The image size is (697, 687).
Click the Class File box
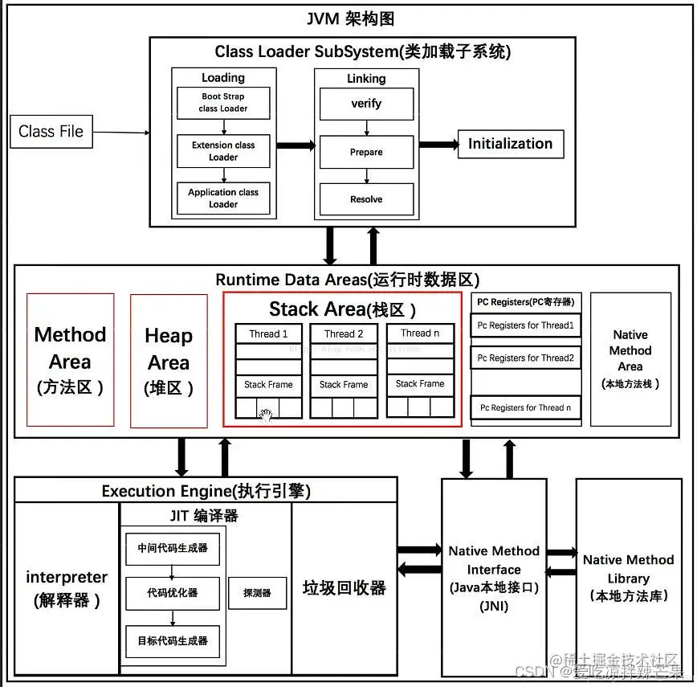click(51, 131)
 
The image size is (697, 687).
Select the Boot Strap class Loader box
click(223, 102)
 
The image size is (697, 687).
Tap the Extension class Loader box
click(223, 151)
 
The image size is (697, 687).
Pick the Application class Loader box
click(223, 198)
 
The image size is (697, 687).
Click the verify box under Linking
click(366, 104)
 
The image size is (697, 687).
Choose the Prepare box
click(366, 152)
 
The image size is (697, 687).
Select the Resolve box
click(366, 199)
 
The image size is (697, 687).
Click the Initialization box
click(511, 144)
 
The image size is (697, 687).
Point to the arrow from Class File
click(120, 132)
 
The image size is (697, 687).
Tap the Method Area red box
click(71, 359)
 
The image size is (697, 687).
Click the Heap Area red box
click(169, 361)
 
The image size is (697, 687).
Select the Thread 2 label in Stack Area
click(344, 333)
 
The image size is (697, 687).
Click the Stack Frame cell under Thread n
click(420, 384)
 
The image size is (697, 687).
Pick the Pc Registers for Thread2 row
click(526, 358)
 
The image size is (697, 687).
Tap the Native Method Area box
click(630, 358)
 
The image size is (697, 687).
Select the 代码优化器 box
click(173, 593)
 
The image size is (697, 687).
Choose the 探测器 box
click(256, 593)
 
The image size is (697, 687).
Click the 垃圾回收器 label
click(344, 587)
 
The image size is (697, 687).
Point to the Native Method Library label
click(629, 577)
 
